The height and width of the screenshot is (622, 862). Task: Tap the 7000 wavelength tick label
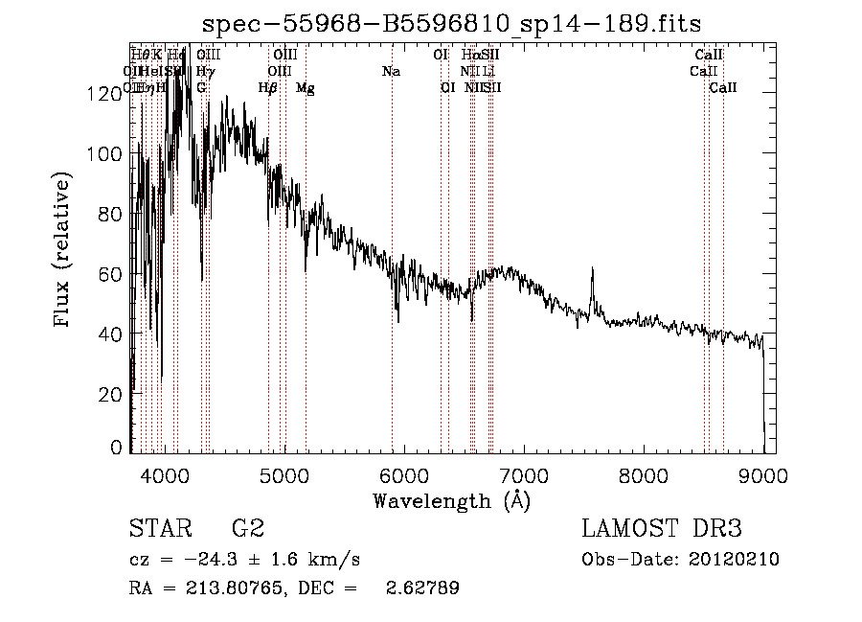[523, 473]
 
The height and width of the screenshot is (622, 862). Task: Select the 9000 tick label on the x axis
[762, 473]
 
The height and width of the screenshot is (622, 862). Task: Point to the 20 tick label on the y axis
[109, 394]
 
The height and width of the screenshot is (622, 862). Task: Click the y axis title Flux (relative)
[63, 251]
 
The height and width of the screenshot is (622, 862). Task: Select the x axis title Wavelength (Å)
[451, 500]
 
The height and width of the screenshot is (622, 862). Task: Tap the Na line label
[391, 72]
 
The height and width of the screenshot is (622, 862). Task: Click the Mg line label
[306, 88]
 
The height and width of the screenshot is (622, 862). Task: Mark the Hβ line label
[268, 88]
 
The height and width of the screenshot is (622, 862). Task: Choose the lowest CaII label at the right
[723, 88]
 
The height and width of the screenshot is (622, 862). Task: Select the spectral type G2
[247, 530]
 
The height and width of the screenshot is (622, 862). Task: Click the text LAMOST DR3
[661, 530]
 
